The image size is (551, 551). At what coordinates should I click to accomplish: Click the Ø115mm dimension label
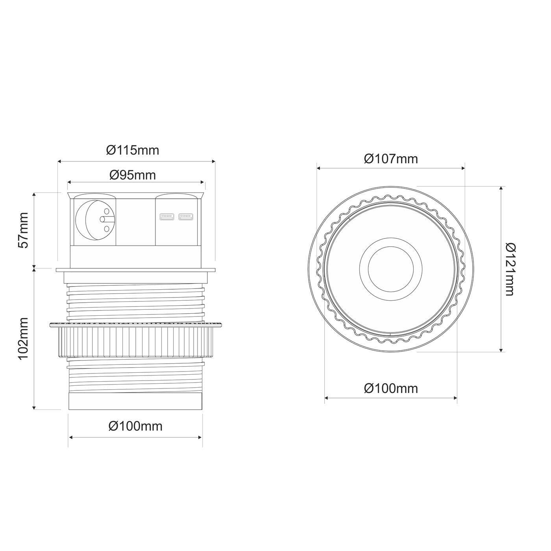133,150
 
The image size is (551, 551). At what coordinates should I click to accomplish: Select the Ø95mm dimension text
133,175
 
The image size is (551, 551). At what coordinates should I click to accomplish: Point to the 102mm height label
24,338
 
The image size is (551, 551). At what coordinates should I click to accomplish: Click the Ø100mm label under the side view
135,426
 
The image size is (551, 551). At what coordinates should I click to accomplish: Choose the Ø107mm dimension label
391,159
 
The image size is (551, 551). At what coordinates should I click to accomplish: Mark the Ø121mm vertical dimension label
510,269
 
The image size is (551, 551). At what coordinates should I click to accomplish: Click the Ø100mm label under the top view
391,388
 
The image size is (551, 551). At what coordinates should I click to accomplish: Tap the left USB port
166,216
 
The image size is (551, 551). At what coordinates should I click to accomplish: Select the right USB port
185,216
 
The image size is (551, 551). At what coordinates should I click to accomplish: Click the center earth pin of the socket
102,219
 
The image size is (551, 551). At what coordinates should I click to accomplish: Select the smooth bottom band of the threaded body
135,401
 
